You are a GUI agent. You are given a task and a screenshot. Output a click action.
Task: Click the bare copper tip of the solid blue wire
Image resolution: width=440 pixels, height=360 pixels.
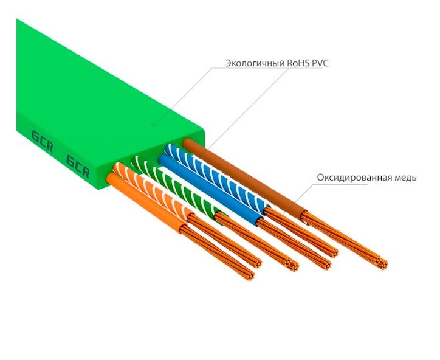[326, 264]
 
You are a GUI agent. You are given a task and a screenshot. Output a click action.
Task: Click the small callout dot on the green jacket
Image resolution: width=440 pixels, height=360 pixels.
[154, 125]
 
